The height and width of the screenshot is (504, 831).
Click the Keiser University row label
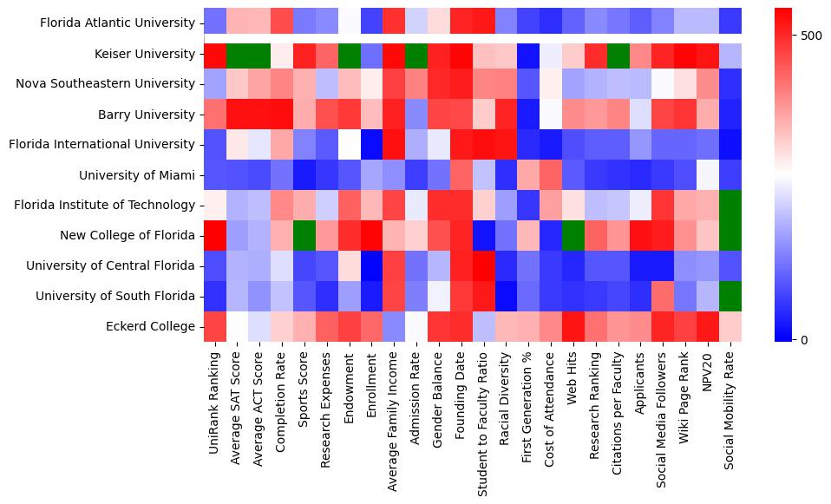(146, 54)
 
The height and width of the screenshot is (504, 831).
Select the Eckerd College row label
(153, 326)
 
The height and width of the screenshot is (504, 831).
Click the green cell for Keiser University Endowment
(350, 54)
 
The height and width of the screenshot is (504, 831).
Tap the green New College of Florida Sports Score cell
(304, 235)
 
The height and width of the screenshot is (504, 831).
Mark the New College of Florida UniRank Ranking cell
(214, 235)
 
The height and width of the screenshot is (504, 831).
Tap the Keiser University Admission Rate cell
(416, 54)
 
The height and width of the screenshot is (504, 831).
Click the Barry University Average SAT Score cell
(237, 115)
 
